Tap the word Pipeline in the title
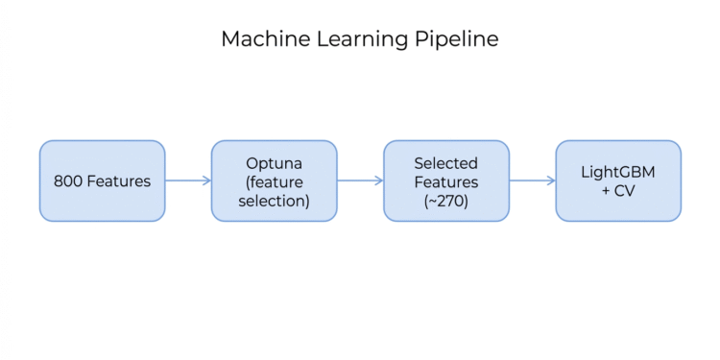click(463, 39)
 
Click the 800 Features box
click(102, 180)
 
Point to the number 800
click(68, 180)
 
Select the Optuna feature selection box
click(274, 180)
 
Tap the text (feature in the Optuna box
click(274, 180)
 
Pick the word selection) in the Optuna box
click(274, 200)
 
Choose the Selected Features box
click(445, 180)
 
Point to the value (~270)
click(445, 200)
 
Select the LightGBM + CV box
click(618, 180)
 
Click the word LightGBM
click(618, 172)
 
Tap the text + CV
click(618, 190)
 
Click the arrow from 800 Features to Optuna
click(187, 180)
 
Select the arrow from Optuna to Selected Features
click(360, 180)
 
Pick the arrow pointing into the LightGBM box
click(532, 180)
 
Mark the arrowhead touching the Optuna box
click(206, 180)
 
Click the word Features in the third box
click(445, 180)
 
